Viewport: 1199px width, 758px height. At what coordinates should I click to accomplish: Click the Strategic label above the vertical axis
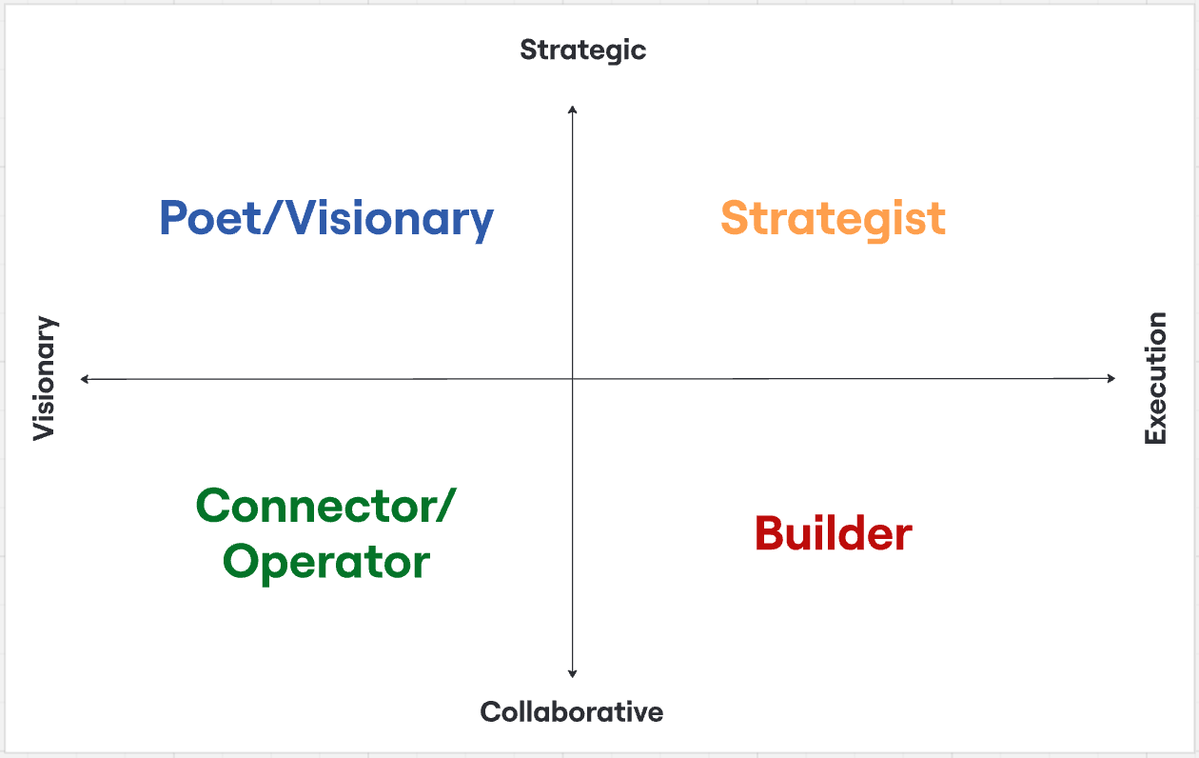pos(582,50)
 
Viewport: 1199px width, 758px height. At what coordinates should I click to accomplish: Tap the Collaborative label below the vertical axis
pos(571,711)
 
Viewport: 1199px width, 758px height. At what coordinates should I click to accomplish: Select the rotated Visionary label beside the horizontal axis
pos(45,378)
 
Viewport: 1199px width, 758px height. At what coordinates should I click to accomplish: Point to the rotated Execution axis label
pos(1154,378)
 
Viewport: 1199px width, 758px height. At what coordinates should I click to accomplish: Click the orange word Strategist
pos(833,219)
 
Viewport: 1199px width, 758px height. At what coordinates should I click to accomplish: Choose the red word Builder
pos(833,533)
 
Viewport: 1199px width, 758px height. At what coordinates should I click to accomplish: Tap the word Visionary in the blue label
pos(391,219)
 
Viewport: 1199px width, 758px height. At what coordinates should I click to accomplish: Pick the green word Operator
pos(326,562)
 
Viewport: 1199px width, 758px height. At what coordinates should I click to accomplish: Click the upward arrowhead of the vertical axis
pos(572,110)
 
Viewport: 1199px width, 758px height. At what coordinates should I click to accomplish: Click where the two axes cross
pos(572,379)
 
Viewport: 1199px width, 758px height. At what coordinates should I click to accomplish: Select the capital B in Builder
pos(770,533)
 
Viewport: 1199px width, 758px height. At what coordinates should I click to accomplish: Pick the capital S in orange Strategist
pos(736,219)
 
